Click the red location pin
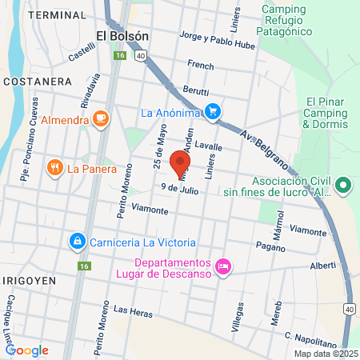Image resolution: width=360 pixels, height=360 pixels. pyautogui.click(x=175, y=163)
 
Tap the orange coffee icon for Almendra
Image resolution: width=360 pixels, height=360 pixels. pyautogui.click(x=101, y=119)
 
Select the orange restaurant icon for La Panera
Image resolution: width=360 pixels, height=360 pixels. pyautogui.click(x=55, y=168)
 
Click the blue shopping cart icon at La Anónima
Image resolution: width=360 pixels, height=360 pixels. pyautogui.click(x=213, y=112)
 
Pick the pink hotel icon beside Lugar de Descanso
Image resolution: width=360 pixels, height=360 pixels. pyautogui.click(x=224, y=264)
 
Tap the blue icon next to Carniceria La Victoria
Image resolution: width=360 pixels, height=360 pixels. pyautogui.click(x=77, y=239)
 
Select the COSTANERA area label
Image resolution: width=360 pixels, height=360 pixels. pyautogui.click(x=37, y=82)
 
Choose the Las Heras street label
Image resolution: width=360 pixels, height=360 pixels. pyautogui.click(x=132, y=310)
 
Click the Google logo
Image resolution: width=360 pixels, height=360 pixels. pyautogui.click(x=27, y=350)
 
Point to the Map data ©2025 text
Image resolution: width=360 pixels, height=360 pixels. pyautogui.click(x=325, y=354)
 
